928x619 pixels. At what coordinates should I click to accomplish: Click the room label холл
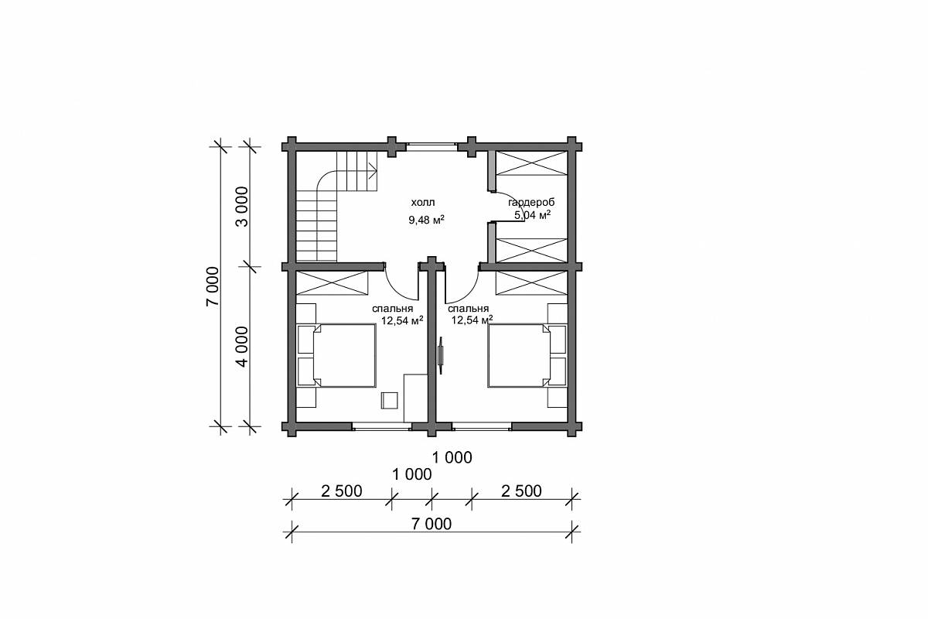tap(423, 203)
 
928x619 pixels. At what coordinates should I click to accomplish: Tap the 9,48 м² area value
tap(426, 220)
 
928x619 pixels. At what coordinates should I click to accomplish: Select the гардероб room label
tap(531, 203)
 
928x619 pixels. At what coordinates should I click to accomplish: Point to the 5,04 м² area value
tap(532, 215)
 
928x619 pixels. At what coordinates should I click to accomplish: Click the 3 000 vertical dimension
tap(241, 207)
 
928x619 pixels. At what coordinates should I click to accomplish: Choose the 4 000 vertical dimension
tap(241, 347)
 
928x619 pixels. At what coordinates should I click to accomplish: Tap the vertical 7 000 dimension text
tap(212, 286)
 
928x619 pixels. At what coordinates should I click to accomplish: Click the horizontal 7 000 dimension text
tap(432, 524)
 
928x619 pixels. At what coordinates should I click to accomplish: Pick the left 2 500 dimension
tap(342, 491)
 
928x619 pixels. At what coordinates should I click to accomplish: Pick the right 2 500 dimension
tap(521, 491)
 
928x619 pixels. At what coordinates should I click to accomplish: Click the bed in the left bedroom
tap(344, 356)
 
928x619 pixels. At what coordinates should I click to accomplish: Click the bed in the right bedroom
tap(520, 356)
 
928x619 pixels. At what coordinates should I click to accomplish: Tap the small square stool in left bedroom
tap(390, 401)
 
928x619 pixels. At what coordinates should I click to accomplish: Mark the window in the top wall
tap(432, 146)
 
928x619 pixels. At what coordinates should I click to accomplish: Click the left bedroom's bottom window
tap(382, 426)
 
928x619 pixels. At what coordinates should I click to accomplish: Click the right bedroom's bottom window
tap(481, 426)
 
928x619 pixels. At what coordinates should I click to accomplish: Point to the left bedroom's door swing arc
tap(396, 290)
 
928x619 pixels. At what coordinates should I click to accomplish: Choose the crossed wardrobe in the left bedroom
tap(333, 283)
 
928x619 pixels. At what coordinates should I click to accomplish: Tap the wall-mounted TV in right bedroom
tap(442, 355)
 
